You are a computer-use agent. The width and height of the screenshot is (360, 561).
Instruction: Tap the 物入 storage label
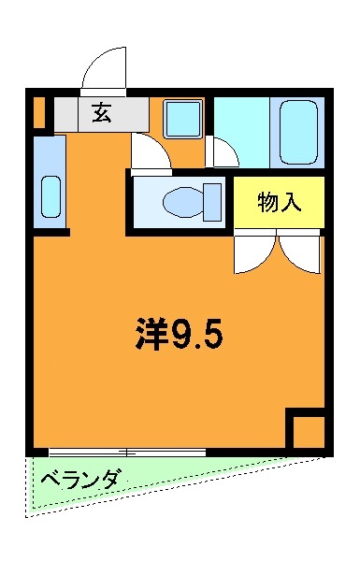click(x=280, y=201)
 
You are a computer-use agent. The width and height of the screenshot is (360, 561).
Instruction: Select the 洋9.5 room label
click(x=177, y=333)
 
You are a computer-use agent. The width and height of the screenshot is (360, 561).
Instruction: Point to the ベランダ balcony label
click(x=81, y=481)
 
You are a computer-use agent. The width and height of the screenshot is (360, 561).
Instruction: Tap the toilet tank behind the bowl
click(x=212, y=201)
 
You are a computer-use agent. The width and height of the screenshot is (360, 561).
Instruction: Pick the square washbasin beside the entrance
click(x=182, y=120)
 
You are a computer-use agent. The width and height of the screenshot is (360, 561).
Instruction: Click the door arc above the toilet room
click(x=150, y=151)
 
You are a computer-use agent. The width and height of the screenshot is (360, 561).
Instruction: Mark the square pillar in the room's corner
click(x=305, y=429)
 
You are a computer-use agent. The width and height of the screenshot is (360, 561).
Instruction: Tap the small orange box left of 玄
click(x=38, y=112)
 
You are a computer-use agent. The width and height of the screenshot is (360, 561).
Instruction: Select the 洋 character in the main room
click(x=149, y=333)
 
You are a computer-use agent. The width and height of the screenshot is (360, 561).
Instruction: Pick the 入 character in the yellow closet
click(x=292, y=201)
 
